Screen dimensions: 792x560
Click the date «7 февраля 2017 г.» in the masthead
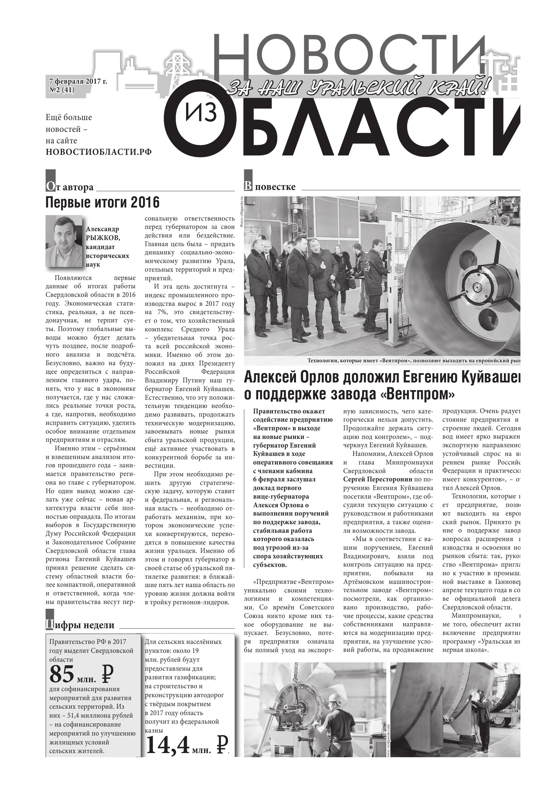click(78, 81)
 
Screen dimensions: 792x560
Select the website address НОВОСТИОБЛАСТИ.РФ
click(99, 152)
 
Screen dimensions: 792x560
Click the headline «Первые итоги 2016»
click(102, 202)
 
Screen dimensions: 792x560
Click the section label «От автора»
click(70, 187)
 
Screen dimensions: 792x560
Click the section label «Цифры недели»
click(80, 625)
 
